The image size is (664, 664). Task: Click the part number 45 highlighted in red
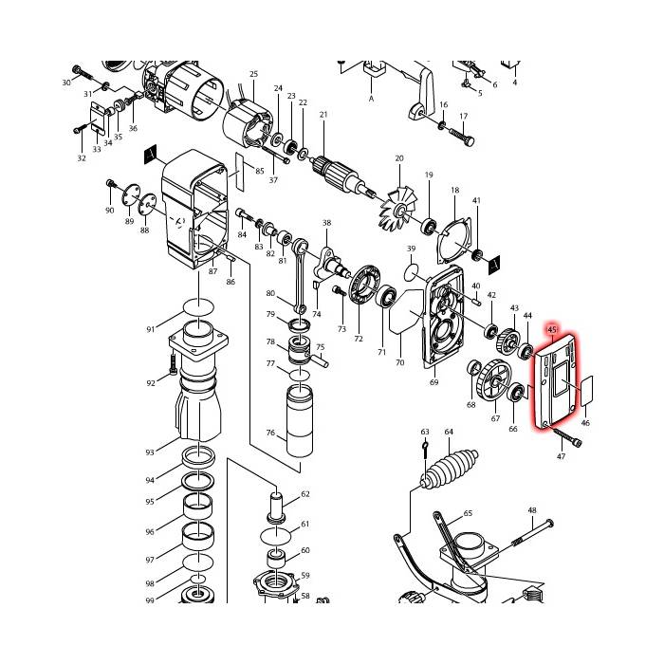[x=551, y=329]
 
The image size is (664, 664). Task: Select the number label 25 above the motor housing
[x=253, y=74]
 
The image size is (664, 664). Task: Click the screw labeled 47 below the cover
[x=566, y=439]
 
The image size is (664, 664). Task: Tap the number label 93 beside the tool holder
[x=150, y=452]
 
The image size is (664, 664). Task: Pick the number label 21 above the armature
[x=323, y=115]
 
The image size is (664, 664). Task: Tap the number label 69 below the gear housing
[x=433, y=382]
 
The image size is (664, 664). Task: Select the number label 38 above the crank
[x=326, y=224]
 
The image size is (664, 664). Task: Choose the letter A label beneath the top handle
[x=372, y=98]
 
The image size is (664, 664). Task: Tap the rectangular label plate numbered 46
[x=585, y=388]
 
